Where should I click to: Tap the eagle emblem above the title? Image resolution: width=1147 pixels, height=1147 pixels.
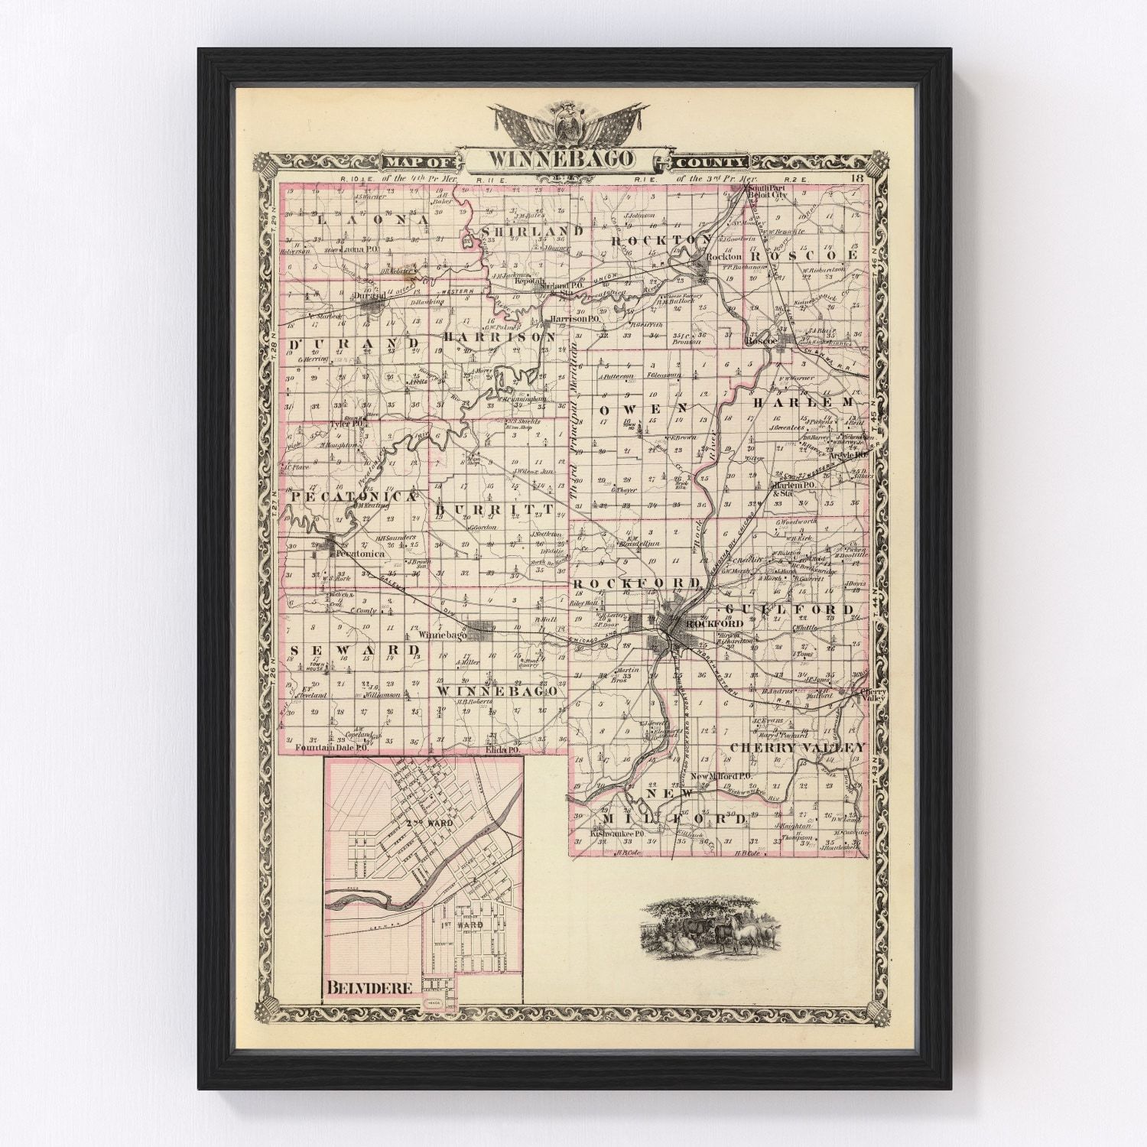point(570,122)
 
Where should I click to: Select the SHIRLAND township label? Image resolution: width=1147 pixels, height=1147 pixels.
point(532,230)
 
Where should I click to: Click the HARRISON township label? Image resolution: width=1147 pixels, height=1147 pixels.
point(499,336)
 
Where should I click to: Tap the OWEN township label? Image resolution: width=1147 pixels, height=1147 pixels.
point(643,410)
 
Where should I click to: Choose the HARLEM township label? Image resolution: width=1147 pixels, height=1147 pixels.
point(803,402)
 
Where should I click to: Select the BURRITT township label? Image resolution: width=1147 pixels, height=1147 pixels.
point(493,509)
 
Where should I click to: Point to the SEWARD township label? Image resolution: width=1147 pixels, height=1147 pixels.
point(356,649)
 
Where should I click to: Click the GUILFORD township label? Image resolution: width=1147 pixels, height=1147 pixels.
point(788,609)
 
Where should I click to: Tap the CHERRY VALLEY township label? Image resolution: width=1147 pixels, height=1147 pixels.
point(798,747)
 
